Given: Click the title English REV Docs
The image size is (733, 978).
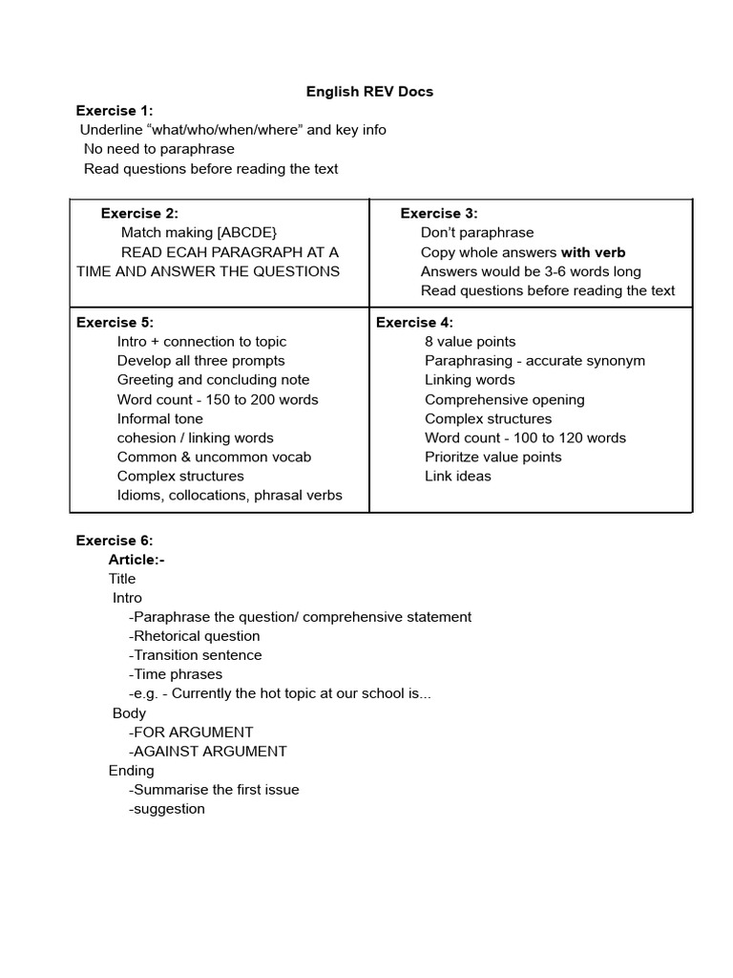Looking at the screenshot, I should (x=369, y=92).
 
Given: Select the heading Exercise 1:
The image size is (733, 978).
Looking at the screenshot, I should (x=115, y=111).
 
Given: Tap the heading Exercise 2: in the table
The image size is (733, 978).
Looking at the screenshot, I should (x=139, y=214).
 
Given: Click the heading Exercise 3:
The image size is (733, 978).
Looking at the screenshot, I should (x=439, y=214).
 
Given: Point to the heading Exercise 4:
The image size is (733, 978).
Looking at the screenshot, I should (x=414, y=323).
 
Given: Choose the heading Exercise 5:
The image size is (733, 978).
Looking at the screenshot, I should (x=115, y=323).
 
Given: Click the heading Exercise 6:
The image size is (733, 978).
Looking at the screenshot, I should (x=115, y=541).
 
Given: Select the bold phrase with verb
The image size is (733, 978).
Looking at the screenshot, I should (x=593, y=252).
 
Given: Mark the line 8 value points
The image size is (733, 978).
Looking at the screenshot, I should (x=470, y=342).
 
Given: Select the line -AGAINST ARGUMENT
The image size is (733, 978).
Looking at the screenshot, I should (x=207, y=751).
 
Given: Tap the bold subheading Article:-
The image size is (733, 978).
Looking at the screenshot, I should (x=136, y=560).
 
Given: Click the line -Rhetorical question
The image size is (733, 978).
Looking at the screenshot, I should (x=194, y=636).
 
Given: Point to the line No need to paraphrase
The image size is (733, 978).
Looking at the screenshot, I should (x=158, y=149).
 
